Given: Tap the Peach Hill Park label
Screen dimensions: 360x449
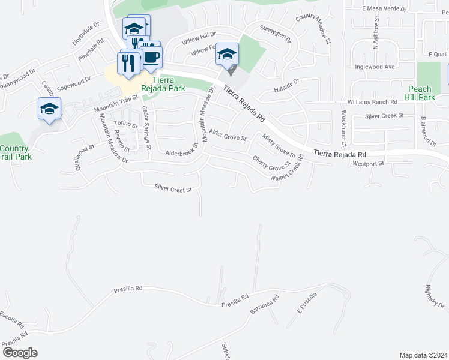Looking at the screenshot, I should [x=418, y=92].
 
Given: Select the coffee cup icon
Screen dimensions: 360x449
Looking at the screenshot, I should [x=151, y=58].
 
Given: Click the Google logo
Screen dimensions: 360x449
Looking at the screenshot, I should [x=19, y=353].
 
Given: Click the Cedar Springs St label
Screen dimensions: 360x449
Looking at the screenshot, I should [x=146, y=128].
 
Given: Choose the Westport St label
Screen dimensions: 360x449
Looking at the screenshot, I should [x=368, y=163].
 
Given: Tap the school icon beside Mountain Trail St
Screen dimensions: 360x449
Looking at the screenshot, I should [x=49, y=109].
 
